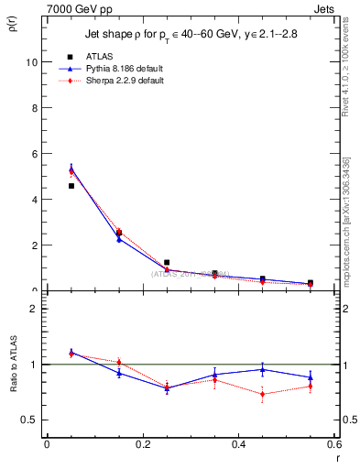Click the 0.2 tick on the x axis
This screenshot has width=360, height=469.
coord(142,444)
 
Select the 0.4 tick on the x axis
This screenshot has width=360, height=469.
coord(238,444)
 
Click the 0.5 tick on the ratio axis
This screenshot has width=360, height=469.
coord(28,420)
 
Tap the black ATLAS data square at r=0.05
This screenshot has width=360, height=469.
coord(71,186)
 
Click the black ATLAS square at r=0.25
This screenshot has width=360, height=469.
coord(167,262)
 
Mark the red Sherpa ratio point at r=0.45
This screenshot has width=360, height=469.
coord(262,395)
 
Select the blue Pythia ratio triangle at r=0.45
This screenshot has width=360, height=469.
coord(262,369)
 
